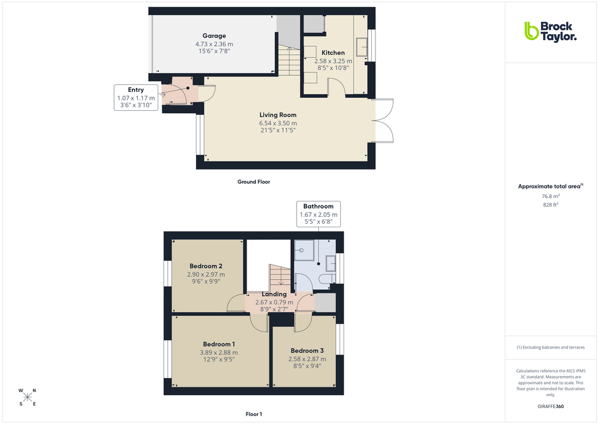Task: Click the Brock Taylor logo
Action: (550, 31)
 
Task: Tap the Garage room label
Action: (214, 36)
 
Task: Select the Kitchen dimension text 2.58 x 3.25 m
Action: (333, 61)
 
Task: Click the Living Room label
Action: (278, 115)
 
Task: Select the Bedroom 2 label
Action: (205, 266)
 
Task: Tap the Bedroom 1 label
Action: (219, 344)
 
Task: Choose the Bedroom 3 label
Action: (307, 350)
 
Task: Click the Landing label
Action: (274, 294)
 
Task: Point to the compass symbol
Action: (28, 397)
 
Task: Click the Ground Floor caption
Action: (254, 182)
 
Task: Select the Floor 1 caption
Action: (254, 415)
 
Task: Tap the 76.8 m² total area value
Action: (550, 196)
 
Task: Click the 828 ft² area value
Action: (550, 204)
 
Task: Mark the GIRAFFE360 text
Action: (550, 406)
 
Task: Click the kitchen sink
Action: (362, 46)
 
